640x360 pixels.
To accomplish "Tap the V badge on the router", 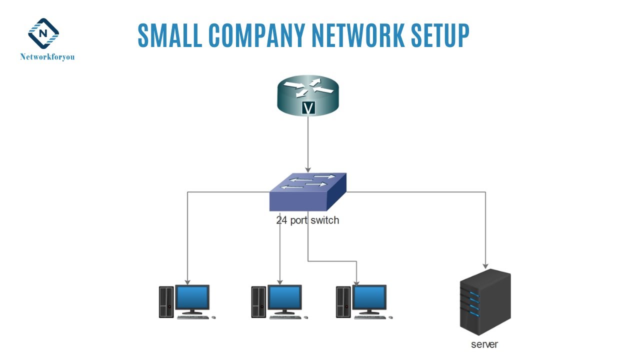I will tap(308, 107).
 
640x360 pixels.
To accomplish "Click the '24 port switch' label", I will tap(307, 220).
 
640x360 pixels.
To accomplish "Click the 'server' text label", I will tap(484, 344).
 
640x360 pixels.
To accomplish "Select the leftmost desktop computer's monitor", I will tap(192, 298).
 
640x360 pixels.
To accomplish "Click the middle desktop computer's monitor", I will tap(284, 298).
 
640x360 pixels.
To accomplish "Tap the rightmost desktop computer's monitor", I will tap(369, 298).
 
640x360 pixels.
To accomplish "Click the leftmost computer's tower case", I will tap(166, 301).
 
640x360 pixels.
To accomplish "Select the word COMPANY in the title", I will tap(255, 35).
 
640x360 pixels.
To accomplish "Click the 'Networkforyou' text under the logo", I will tap(47, 57).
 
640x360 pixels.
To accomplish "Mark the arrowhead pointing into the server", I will tap(485, 265).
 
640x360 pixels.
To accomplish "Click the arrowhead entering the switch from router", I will tap(308, 169).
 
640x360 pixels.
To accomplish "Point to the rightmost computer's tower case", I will tap(343, 301).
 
